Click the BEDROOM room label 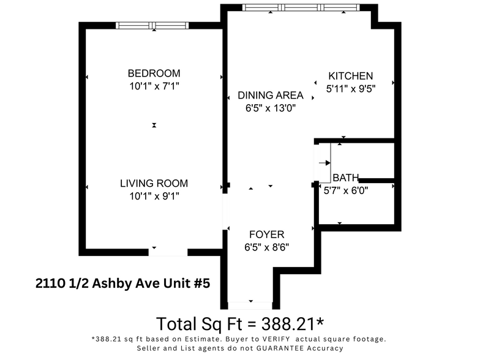point(154,73)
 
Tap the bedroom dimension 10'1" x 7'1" point(154,86)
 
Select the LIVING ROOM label point(154,183)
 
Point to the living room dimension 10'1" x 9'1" point(154,196)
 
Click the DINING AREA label point(270,95)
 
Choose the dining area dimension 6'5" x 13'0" point(270,108)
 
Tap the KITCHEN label point(351,76)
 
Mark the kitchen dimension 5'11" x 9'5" point(351,88)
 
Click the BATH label point(346,178)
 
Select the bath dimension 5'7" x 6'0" point(346,190)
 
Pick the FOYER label point(266,234)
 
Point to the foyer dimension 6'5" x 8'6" point(266,247)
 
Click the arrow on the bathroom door point(324,163)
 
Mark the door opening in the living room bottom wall point(168,251)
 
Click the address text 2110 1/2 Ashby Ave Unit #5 point(122,283)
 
